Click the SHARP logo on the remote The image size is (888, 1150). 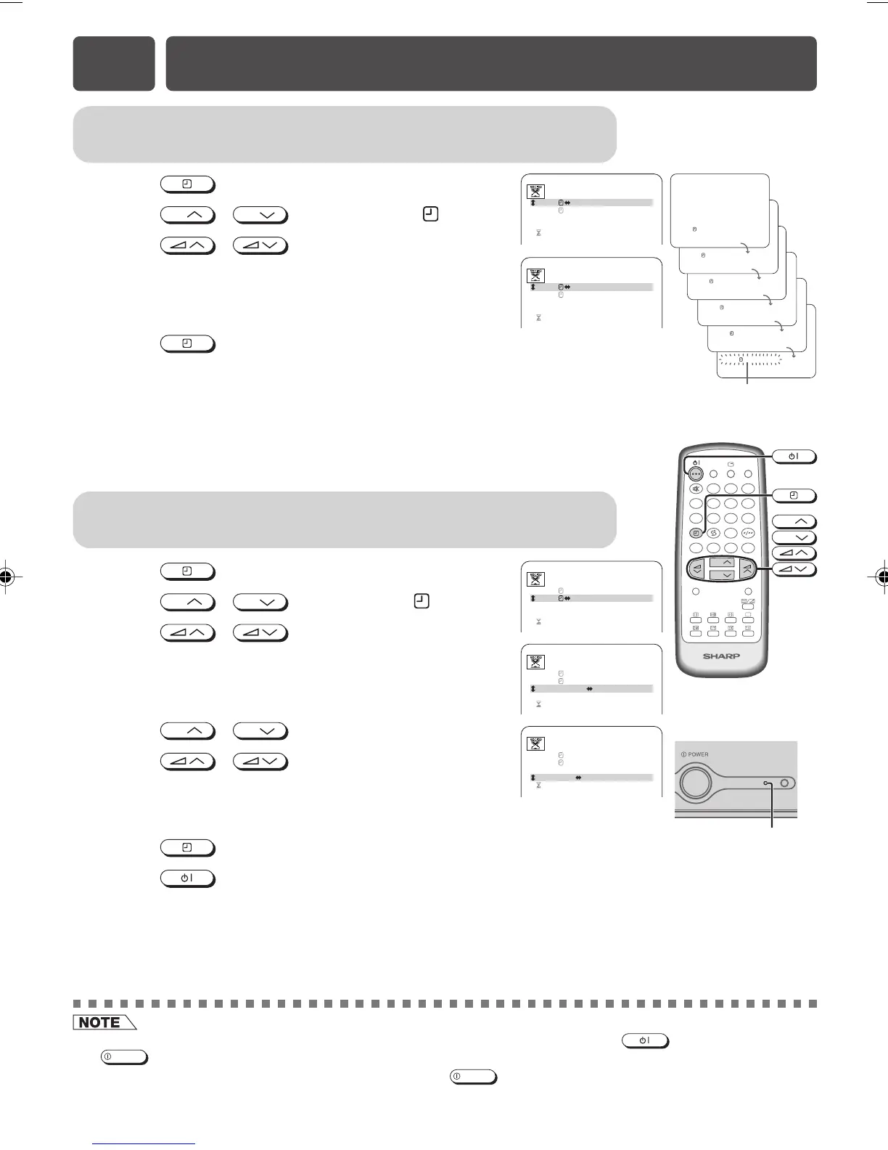[x=720, y=656]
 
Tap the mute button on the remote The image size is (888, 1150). [x=696, y=489]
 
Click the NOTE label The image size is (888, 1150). [x=102, y=1022]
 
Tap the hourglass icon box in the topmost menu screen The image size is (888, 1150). [x=535, y=192]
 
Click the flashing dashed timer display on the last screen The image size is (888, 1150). [x=749, y=359]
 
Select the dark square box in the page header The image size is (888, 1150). [x=114, y=64]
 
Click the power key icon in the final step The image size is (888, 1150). [x=187, y=878]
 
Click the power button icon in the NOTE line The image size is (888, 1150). [x=645, y=1041]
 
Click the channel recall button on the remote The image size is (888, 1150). [x=713, y=532]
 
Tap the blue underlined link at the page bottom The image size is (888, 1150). [x=144, y=1143]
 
